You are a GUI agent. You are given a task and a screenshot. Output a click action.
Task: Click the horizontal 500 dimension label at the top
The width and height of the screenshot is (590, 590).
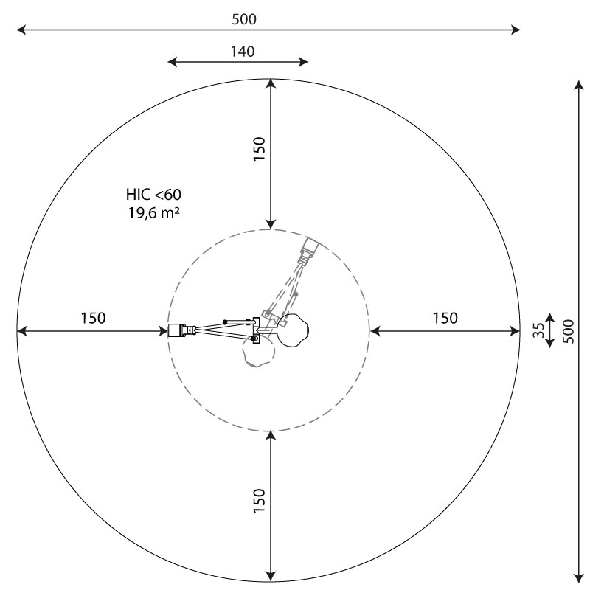[244, 19]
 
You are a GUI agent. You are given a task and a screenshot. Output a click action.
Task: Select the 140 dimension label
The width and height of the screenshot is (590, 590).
[243, 52]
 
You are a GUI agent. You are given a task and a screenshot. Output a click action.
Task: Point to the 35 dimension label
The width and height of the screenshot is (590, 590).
[539, 330]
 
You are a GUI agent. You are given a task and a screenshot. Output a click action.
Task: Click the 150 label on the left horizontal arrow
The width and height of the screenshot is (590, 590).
[93, 318]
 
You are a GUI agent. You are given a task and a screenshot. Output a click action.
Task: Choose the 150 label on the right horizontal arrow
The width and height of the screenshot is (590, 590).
[445, 318]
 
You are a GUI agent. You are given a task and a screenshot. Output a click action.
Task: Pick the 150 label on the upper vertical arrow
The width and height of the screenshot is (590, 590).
[260, 149]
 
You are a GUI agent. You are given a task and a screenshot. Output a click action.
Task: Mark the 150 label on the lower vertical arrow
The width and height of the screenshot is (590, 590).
[260, 501]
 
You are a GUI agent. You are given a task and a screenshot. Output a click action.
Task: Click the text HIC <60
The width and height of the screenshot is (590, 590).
[153, 195]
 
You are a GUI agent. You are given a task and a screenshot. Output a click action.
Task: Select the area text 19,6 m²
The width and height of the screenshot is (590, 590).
[153, 213]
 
